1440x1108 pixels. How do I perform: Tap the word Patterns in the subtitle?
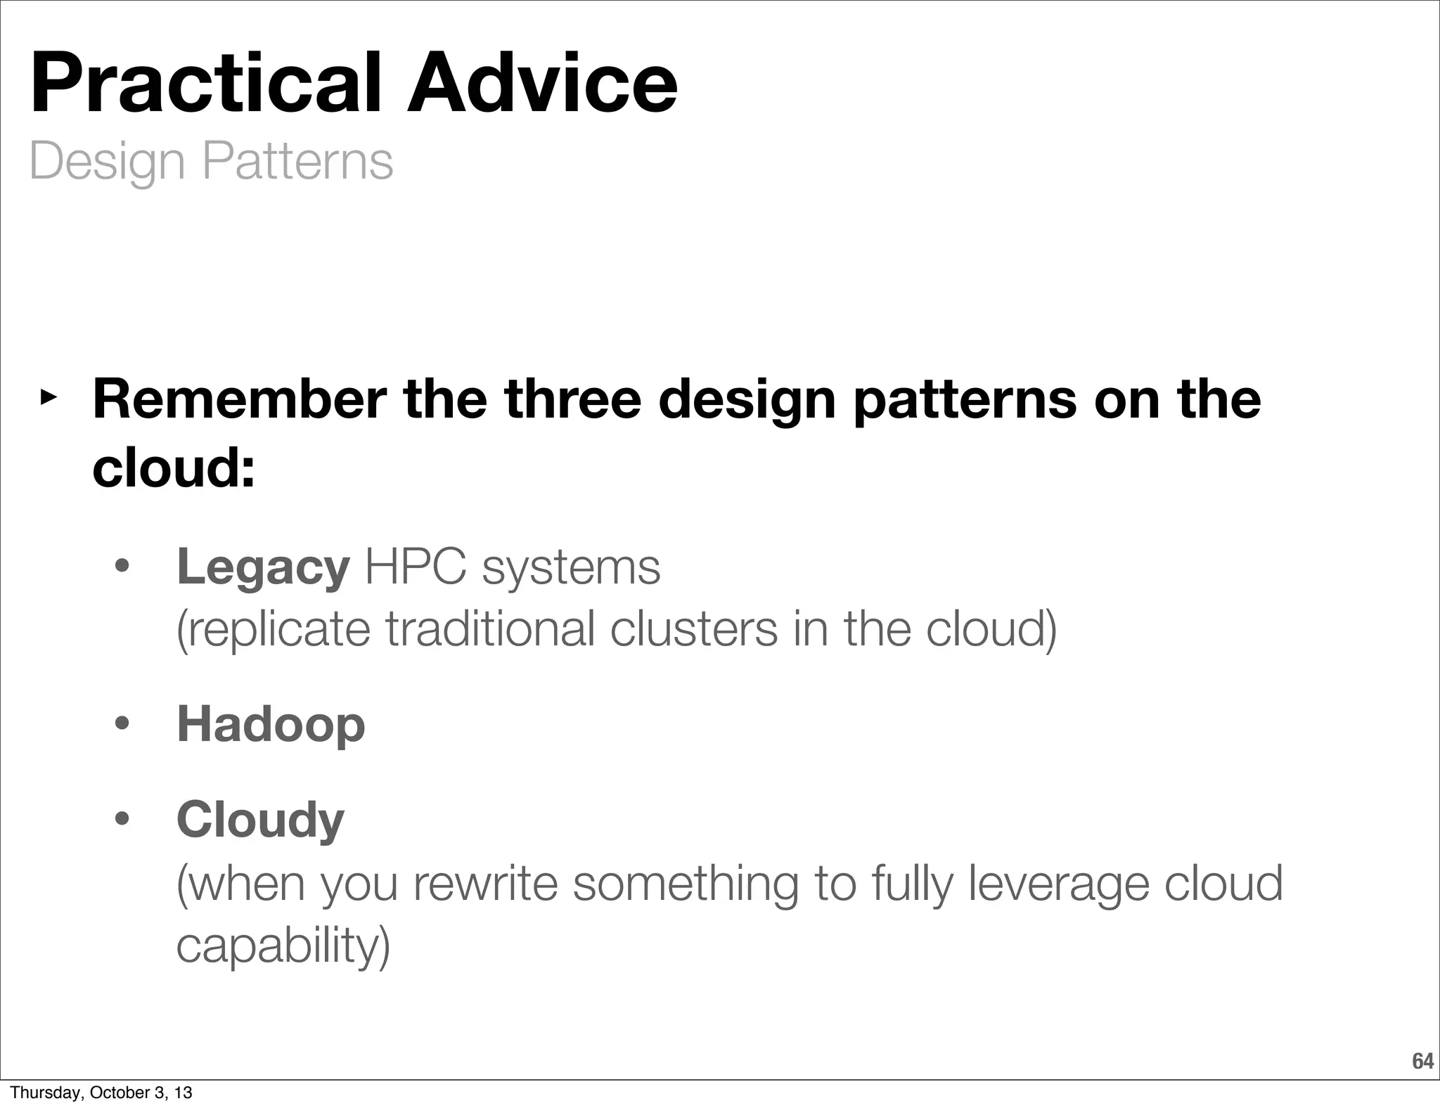(297, 162)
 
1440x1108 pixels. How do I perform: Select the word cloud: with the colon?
(174, 468)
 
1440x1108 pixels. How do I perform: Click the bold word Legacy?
(262, 568)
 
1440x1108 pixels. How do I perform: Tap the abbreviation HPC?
(415, 567)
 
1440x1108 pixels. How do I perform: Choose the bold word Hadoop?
(271, 724)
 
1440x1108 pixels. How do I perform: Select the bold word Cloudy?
(260, 820)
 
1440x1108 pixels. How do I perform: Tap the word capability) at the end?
(283, 946)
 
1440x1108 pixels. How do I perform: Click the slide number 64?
(1422, 1061)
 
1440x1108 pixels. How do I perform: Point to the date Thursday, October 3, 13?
(101, 1093)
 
